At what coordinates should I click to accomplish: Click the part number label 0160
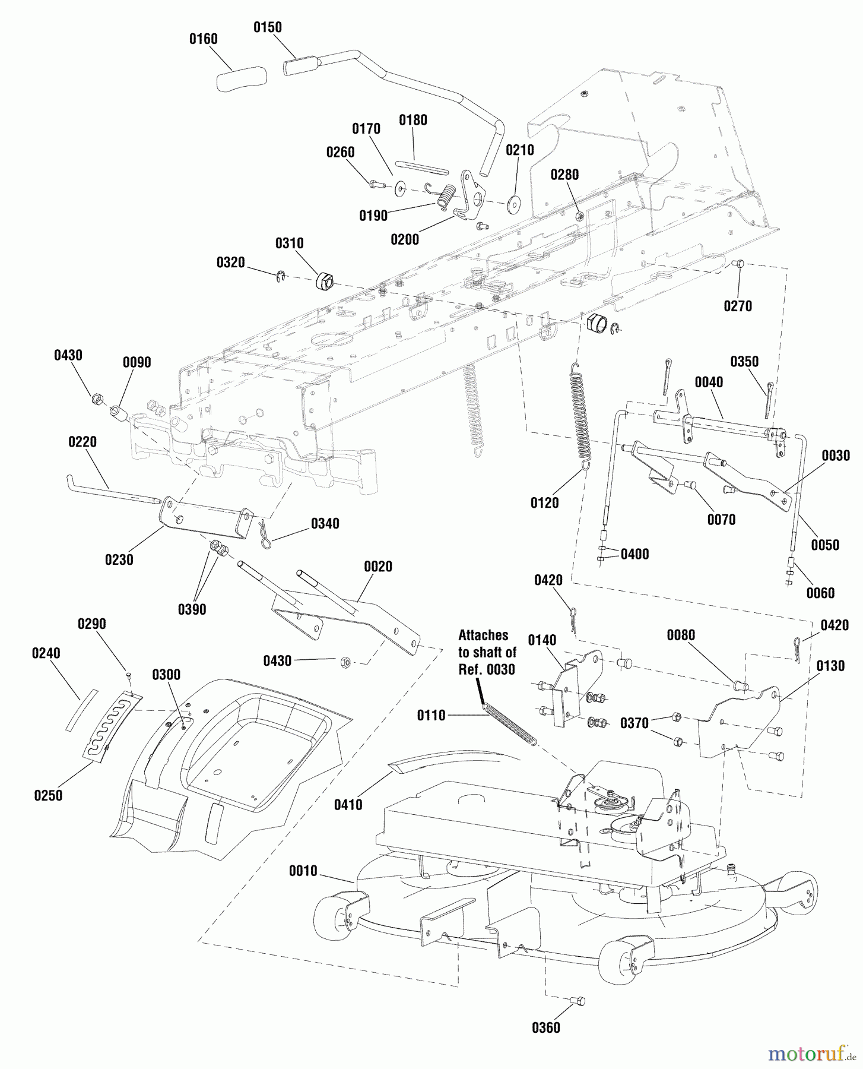pos(203,39)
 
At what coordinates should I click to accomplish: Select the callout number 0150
pos(268,27)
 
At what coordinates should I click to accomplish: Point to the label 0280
pos(564,175)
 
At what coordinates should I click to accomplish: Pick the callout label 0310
pos(289,243)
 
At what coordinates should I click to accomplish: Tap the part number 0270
pos(738,306)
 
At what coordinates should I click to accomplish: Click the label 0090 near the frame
pos(137,362)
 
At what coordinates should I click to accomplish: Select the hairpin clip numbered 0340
pos(263,533)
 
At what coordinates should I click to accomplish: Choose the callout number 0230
pos(119,559)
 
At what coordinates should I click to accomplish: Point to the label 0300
pos(166,675)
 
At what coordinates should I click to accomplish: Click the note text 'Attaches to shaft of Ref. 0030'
pos(487,652)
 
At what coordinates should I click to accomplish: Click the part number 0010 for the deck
pos(303,871)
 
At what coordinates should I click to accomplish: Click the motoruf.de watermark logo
pos(811,1054)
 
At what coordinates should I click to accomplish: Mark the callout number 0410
pos(348,805)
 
